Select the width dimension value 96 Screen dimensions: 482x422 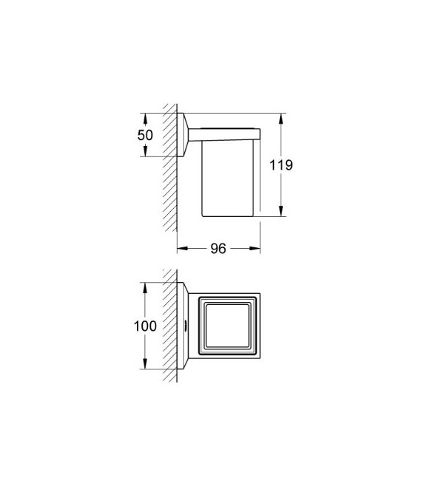click(x=218, y=249)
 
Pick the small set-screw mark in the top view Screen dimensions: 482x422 click(x=184, y=326)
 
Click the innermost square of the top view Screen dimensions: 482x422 click(x=227, y=326)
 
